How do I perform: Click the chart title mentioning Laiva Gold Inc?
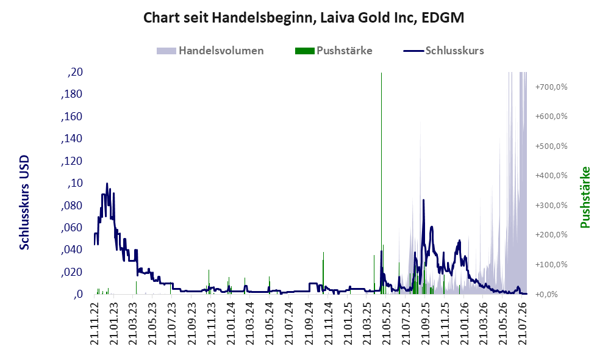click(304, 18)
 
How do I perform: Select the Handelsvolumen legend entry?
click(210, 51)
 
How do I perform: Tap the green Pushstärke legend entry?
click(334, 51)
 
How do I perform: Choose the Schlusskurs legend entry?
click(443, 51)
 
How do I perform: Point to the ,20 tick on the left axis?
click(75, 72)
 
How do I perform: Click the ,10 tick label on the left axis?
click(75, 183)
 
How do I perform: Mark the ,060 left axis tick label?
click(72, 228)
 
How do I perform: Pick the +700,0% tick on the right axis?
click(551, 87)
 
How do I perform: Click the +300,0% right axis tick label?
click(551, 205)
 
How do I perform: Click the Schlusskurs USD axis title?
click(24, 203)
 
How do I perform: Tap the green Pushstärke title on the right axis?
click(585, 197)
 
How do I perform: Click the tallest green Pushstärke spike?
click(382, 183)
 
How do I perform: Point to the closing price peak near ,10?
click(107, 184)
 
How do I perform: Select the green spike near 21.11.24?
click(323, 272)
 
